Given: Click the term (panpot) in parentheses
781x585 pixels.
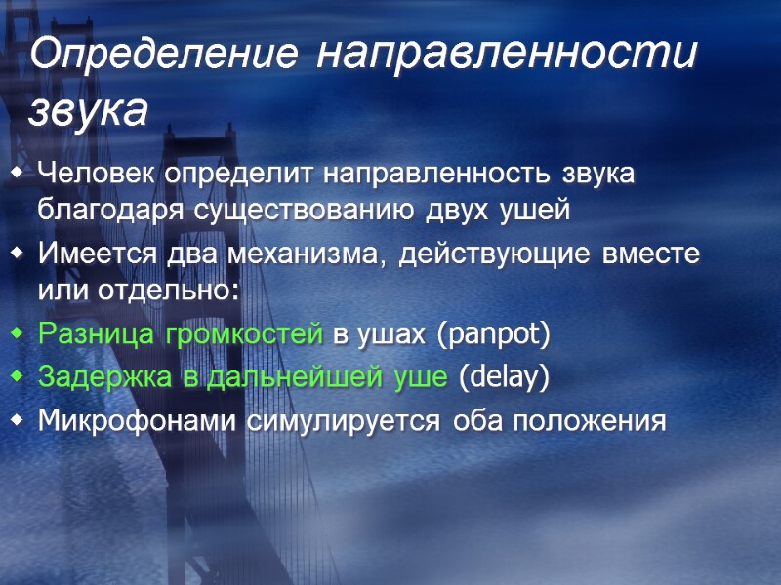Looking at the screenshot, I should (x=494, y=335).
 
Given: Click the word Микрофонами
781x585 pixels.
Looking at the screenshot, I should (x=124, y=421).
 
